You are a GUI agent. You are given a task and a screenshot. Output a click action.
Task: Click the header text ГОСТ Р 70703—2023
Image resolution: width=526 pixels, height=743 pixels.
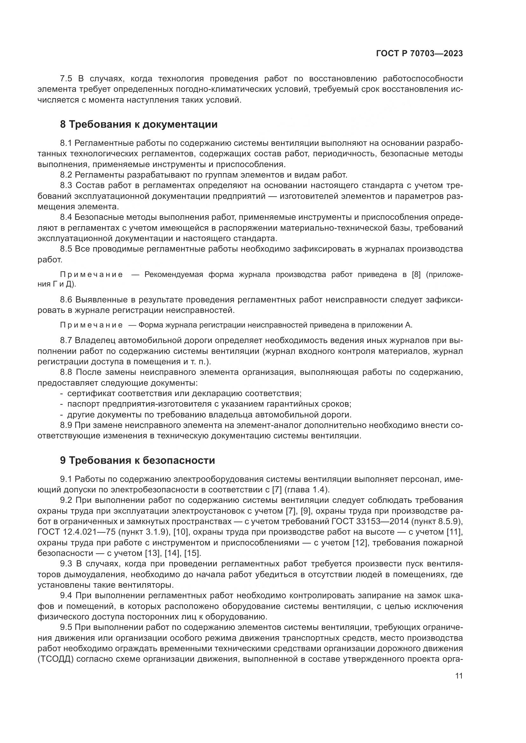[419, 54]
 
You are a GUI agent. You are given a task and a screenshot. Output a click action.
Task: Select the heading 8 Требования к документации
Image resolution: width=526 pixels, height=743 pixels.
[139, 124]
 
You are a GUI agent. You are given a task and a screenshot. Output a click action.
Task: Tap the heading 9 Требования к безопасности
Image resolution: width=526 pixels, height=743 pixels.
[137, 460]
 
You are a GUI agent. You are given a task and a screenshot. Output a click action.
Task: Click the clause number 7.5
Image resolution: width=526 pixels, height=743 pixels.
[67, 79]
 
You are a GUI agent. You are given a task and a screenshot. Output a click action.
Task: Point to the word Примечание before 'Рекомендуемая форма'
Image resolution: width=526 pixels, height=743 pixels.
[91, 275]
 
